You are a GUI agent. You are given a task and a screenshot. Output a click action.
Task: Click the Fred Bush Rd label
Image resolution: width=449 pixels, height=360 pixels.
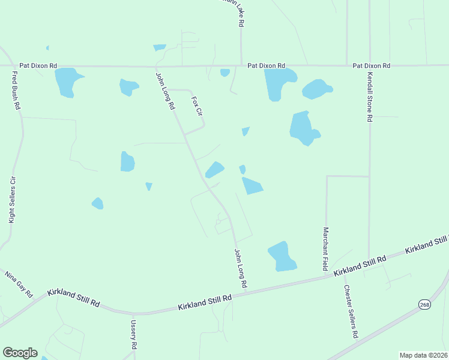[x=17, y=91]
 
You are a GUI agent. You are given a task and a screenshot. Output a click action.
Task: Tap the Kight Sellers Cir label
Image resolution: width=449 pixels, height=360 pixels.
[x=11, y=200]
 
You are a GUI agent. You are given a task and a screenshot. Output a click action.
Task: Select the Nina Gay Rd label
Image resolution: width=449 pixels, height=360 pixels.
[x=18, y=284]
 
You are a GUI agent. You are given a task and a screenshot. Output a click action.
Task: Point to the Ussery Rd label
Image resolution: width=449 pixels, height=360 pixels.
[x=134, y=335]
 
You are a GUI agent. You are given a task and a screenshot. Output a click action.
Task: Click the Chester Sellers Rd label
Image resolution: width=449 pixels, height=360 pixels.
[x=351, y=310]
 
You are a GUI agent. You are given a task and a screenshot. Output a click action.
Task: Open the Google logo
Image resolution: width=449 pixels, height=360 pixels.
[x=20, y=353]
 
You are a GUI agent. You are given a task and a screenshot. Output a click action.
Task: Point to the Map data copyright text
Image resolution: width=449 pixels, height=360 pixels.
[x=424, y=355]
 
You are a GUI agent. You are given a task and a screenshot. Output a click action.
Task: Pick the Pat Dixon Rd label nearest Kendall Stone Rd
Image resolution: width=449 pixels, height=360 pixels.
[x=372, y=65]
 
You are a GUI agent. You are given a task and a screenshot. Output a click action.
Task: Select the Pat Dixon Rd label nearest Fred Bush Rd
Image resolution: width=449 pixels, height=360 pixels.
[x=38, y=65]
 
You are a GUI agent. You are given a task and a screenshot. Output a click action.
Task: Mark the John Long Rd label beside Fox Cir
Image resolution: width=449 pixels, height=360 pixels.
[x=165, y=91]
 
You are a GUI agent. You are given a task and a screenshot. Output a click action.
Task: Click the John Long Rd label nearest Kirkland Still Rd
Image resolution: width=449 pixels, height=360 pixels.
[x=241, y=268]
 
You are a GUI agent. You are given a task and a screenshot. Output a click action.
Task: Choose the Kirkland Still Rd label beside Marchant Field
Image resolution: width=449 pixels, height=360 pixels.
[x=360, y=265]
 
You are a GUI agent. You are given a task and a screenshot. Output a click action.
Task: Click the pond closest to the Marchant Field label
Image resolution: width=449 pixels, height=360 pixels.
[x=282, y=256]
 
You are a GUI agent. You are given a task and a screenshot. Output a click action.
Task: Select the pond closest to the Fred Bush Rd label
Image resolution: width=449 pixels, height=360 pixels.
[x=66, y=82]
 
